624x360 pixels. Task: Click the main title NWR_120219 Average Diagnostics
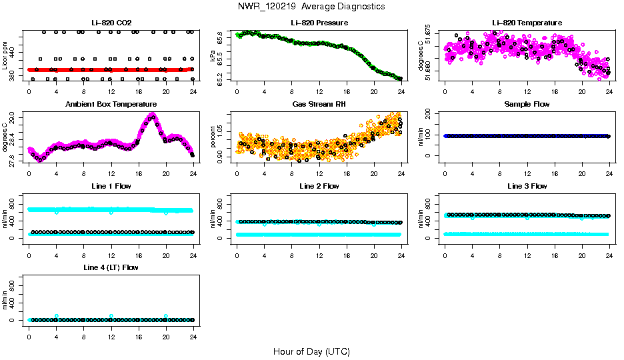[x=311, y=7]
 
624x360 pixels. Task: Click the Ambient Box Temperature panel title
[x=111, y=105]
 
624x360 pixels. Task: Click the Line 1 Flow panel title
[x=111, y=186]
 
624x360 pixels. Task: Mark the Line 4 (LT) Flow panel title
[x=111, y=267]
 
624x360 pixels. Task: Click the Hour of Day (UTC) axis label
[x=311, y=351]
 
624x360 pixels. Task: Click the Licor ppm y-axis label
[x=5, y=55]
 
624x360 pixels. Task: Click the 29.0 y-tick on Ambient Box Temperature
[x=13, y=118]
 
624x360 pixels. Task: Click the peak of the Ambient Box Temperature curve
[x=153, y=116]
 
